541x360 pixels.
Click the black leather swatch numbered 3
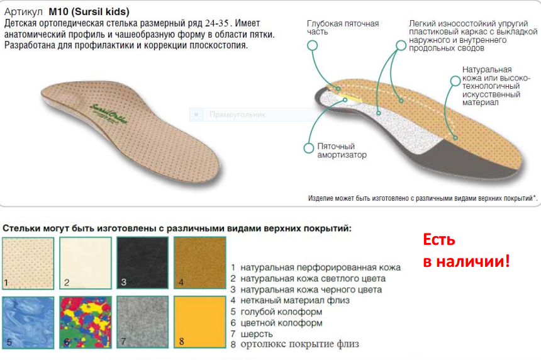pos(143,262)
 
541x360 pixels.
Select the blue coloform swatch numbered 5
pos(28,322)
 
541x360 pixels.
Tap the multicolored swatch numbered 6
pos(86,322)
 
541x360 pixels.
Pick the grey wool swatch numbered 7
pos(143,322)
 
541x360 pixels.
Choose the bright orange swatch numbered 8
pos(200,322)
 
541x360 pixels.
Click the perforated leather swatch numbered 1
pos(28,262)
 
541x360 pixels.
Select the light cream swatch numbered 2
pos(86,262)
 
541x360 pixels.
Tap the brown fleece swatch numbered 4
pos(200,262)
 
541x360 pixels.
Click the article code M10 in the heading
pos(59,12)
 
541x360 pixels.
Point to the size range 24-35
pos(216,23)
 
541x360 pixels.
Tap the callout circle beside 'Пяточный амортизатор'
pos(308,148)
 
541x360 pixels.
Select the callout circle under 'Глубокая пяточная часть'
pos(312,45)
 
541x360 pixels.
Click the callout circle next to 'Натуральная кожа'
pos(455,81)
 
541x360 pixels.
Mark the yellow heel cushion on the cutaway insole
pos(352,99)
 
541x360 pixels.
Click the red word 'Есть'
pos(439,240)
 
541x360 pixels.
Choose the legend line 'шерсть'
pos(257,334)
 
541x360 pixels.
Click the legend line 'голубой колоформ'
pos(281,312)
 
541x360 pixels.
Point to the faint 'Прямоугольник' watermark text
pos(237,115)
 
